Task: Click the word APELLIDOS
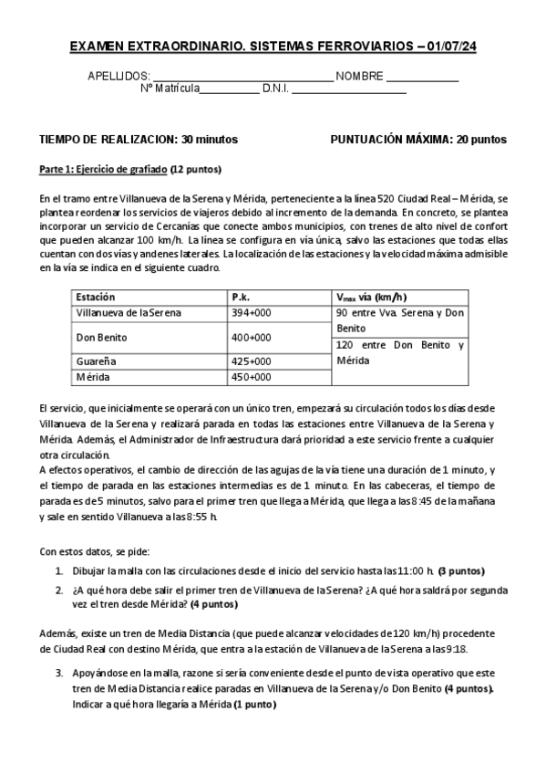pos(118,77)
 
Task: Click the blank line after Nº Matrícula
pos(229,89)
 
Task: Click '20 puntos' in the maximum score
pos(481,140)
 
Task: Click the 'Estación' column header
pos(96,297)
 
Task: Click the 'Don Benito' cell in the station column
pos(102,337)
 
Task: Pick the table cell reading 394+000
pos(252,312)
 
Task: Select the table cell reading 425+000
pos(252,361)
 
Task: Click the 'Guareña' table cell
pos(97,361)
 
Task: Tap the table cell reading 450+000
pos(252,376)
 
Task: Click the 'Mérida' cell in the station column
pos(92,376)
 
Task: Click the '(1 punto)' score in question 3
pos(254,705)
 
